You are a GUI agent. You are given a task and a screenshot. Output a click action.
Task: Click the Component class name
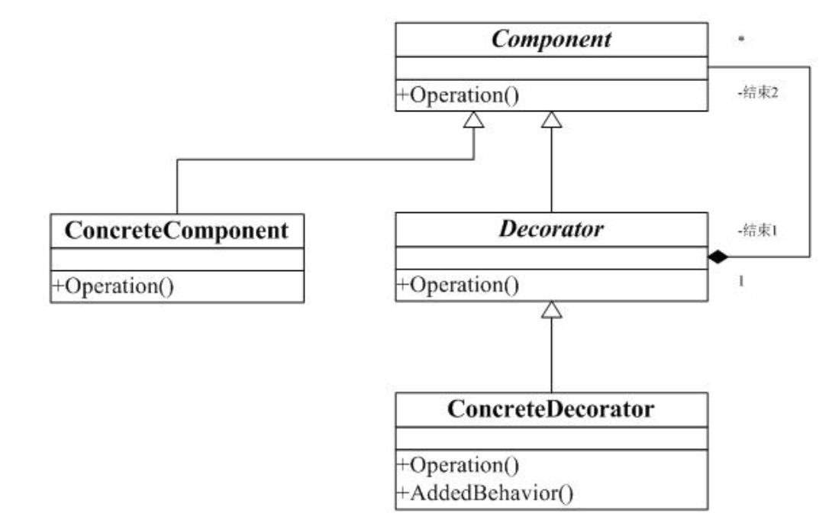tap(551, 40)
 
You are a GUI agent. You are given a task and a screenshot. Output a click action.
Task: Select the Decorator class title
tap(551, 229)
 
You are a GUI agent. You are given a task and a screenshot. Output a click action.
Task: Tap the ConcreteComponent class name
tap(177, 231)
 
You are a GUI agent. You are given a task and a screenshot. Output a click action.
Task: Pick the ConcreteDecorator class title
tap(551, 409)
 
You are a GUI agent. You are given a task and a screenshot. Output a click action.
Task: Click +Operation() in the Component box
tap(457, 96)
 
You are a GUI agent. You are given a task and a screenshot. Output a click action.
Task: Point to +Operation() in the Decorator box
tap(457, 286)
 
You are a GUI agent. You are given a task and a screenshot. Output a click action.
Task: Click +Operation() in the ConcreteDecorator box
tap(457, 465)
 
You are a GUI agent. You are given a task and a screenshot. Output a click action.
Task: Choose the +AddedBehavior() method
tap(484, 492)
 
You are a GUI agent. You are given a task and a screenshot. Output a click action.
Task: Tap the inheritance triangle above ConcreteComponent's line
tap(474, 120)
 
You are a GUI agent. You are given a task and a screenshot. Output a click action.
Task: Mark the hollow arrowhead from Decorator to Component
tap(551, 120)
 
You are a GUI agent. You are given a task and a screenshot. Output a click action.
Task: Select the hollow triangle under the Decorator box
tap(551, 309)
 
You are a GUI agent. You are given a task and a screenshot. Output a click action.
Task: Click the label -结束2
tap(759, 98)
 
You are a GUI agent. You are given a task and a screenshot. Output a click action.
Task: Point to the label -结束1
tap(759, 230)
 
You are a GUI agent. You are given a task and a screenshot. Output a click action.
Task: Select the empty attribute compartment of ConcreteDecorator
tap(551, 438)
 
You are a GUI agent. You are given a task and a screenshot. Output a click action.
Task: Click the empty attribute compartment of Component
tap(551, 69)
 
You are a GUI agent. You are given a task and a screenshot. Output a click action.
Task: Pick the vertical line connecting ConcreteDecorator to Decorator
tap(551, 355)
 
